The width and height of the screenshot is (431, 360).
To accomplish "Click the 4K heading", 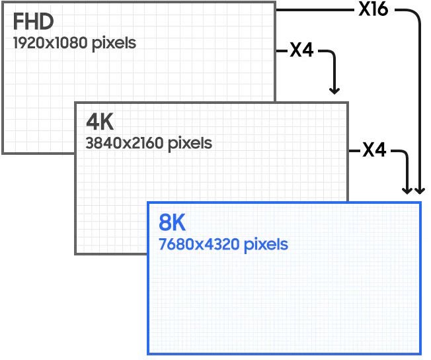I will [x=100, y=122].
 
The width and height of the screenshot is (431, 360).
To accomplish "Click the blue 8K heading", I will [x=173, y=222].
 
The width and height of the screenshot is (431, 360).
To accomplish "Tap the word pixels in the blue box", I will [x=266, y=244].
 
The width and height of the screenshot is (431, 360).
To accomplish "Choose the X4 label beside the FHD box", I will [x=301, y=50].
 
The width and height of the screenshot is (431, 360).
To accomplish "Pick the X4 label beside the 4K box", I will [x=374, y=150].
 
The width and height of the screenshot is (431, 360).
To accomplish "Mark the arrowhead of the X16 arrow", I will [x=420, y=191].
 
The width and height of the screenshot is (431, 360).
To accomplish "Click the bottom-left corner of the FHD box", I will [x=2, y=153].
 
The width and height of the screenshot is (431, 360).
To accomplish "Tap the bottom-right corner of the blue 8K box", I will [x=420, y=353].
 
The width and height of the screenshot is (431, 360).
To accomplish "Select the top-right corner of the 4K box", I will [x=348, y=103].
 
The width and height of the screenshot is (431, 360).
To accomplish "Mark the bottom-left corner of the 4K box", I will [x=75, y=253].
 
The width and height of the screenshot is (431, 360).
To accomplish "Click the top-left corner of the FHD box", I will [x=2, y=2].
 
